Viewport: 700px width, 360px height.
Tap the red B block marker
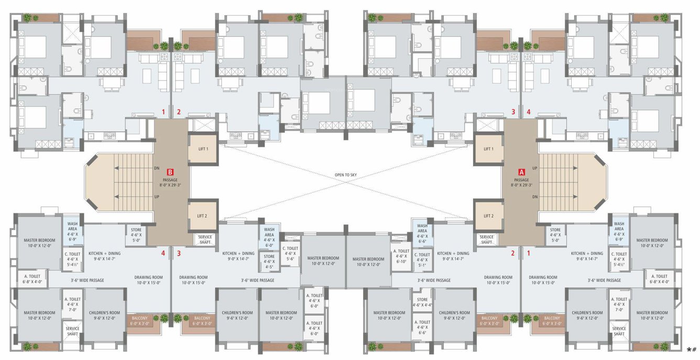170,171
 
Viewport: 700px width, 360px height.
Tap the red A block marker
521,171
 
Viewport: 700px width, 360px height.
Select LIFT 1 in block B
203,149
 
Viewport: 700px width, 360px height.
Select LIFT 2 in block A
488,216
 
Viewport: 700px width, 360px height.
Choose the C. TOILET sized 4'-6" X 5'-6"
290,254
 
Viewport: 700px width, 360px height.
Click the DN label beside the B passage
157,168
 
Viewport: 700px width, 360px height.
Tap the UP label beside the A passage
534,168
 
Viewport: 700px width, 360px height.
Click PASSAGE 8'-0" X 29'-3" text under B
170,182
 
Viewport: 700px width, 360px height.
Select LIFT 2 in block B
203,216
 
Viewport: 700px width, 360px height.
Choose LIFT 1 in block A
488,149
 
